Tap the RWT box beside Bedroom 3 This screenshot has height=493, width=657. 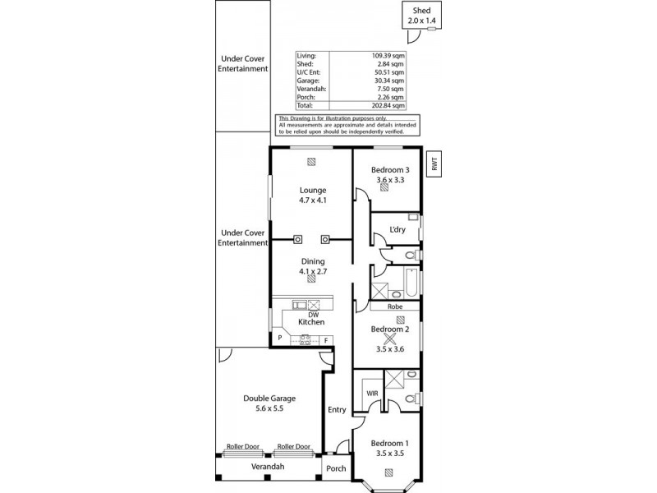click(434, 164)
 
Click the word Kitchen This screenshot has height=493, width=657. click(311, 322)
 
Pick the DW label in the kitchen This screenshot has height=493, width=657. click(313, 314)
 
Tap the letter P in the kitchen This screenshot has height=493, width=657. click(279, 339)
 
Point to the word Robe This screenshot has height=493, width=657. click(395, 306)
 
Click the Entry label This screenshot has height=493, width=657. click(337, 410)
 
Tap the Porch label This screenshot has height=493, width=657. click(337, 469)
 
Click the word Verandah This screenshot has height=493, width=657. click(268, 468)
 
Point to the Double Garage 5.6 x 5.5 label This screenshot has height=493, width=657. click(269, 403)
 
